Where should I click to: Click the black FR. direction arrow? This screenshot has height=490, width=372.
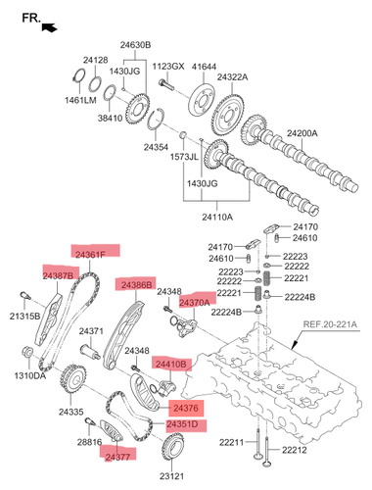click(50, 27)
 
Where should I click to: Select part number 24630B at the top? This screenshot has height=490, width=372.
click(135, 45)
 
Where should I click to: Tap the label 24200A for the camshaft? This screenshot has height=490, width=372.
click(302, 133)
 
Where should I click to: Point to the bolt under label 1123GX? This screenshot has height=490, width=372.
click(166, 84)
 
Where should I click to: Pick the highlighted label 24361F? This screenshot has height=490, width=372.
click(91, 255)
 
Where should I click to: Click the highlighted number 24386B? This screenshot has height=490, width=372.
click(137, 285)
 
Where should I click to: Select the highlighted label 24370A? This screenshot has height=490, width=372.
click(195, 303)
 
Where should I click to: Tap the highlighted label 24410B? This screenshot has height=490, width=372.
click(171, 364)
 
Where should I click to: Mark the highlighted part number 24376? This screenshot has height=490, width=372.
click(186, 408)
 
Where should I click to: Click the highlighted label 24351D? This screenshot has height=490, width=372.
click(182, 424)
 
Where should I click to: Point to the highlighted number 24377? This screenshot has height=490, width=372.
click(117, 457)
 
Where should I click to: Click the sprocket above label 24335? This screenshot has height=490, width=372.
click(72, 379)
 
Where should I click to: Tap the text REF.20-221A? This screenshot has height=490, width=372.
click(330, 324)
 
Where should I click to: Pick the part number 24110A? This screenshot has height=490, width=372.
click(217, 217)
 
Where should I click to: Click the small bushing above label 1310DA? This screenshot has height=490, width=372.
click(26, 352)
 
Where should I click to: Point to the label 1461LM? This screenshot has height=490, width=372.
click(80, 100)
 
